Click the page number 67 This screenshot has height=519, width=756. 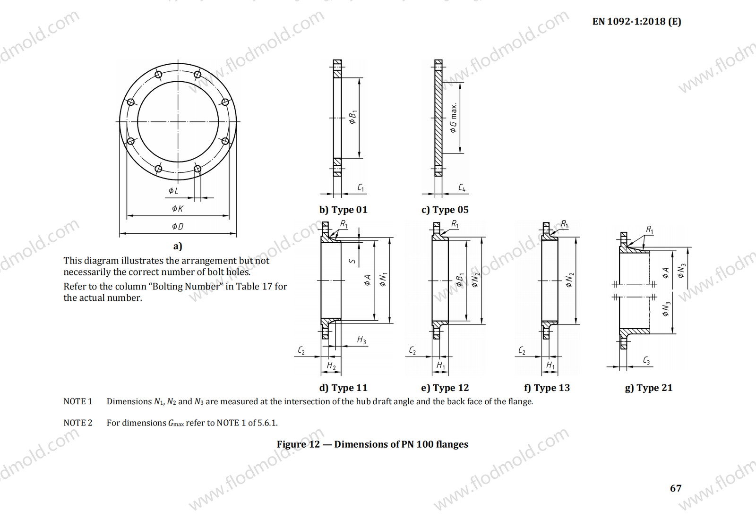tap(676, 488)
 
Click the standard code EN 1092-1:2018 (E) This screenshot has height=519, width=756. tap(637, 21)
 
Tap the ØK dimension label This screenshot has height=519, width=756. tap(178, 209)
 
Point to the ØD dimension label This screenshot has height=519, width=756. tap(178, 227)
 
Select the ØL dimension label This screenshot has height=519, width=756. tap(173, 191)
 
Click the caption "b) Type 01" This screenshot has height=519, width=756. tap(344, 210)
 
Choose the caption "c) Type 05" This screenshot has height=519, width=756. tap(445, 210)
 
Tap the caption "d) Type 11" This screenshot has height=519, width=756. tap(344, 388)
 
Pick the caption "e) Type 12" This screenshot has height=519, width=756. tap(445, 388)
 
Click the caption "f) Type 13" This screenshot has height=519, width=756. tap(547, 388)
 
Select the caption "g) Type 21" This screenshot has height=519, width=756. tap(649, 388)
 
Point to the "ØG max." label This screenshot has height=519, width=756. tap(454, 119)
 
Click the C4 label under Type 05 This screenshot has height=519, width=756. tap(462, 187)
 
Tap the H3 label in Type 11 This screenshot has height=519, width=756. tap(361, 340)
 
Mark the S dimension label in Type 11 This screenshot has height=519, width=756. tap(352, 261)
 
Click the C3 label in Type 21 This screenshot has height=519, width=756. tap(646, 361)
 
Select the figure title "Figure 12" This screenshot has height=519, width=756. tap(299, 444)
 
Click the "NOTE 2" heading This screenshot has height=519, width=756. tap(78, 423)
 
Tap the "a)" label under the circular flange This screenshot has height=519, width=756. tap(178, 246)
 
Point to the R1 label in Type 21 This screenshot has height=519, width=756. tap(650, 230)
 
